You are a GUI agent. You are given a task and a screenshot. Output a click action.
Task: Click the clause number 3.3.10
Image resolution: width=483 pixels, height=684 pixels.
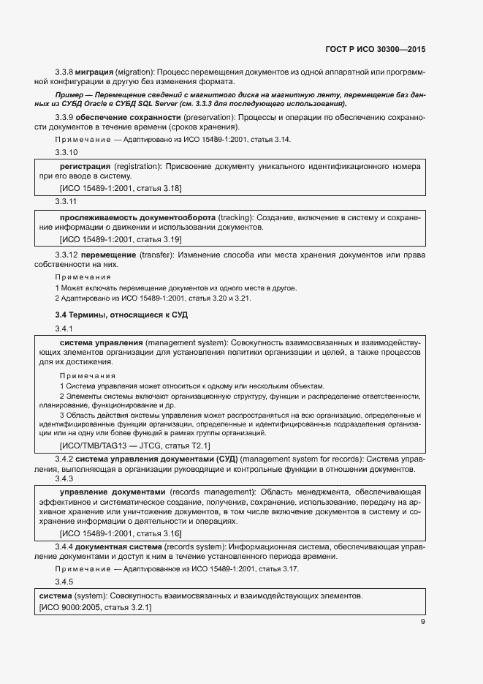66,152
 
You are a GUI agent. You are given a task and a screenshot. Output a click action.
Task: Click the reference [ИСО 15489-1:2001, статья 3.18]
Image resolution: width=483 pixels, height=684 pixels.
121,188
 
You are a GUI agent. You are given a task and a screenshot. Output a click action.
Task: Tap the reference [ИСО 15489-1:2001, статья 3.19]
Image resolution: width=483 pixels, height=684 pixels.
121,239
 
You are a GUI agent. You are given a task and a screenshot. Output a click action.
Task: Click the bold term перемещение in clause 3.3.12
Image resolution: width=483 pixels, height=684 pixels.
109,254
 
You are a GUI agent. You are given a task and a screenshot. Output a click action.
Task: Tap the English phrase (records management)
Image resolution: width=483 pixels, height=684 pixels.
213,490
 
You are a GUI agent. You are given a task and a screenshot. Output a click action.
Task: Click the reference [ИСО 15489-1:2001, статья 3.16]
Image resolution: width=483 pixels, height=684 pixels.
121,533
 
